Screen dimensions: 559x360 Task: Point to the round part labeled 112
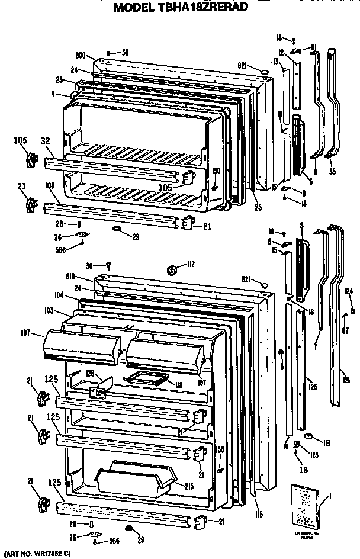172,270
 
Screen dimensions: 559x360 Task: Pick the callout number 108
50,185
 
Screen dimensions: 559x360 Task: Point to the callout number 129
90,374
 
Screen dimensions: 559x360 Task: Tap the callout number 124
349,290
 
